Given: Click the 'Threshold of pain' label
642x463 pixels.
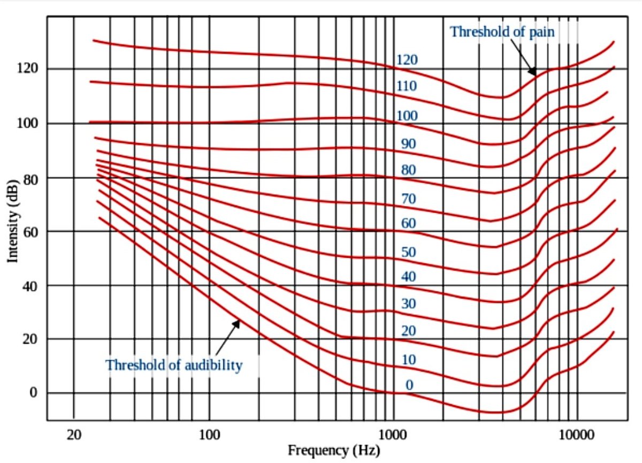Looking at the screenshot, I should (502, 32).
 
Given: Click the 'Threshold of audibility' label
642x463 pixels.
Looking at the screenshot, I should (174, 366).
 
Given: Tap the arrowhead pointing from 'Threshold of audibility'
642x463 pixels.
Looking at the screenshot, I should (237, 322).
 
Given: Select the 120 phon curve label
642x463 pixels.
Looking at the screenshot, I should (407, 60).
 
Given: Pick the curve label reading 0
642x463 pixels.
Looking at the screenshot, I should (409, 384).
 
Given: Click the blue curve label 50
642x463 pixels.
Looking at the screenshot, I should (409, 252).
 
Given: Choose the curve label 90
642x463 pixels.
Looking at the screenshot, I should (409, 143).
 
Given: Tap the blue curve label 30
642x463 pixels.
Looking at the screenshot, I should (409, 304).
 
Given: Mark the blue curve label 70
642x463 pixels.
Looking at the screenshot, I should (409, 199).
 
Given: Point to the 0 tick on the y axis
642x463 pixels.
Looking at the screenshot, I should (33, 393).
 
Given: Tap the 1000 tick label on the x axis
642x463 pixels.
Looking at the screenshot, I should (393, 434).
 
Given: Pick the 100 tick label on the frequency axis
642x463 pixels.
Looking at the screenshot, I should (209, 434).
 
